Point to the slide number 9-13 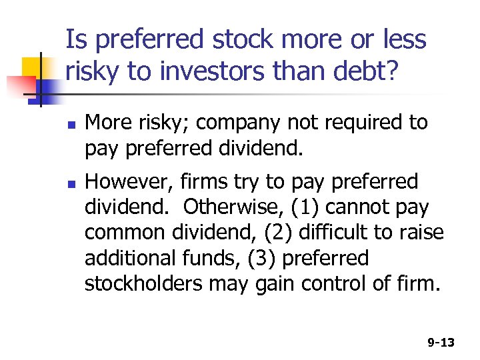click(x=441, y=343)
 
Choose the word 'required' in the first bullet click(x=360, y=123)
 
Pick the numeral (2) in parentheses click(x=283, y=233)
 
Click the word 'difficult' click(x=346, y=233)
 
